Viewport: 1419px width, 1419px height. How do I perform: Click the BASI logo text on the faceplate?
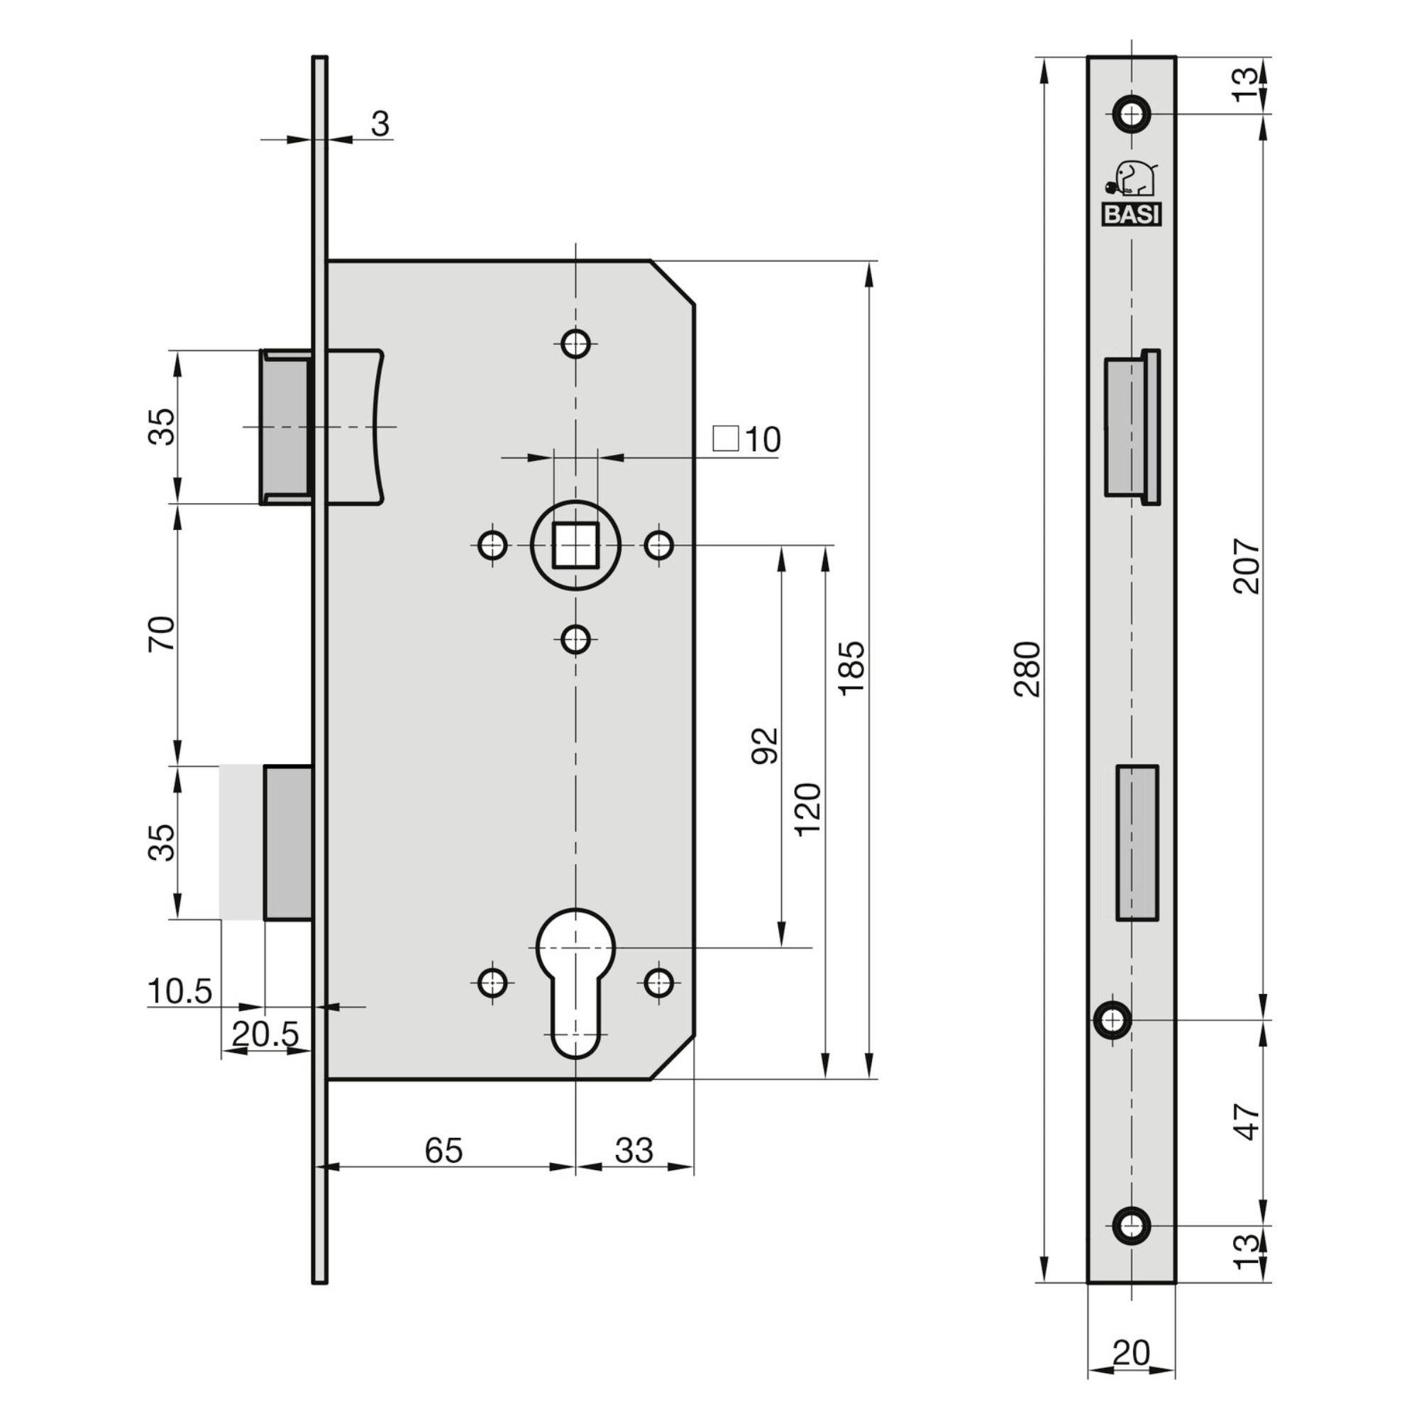tap(1130, 215)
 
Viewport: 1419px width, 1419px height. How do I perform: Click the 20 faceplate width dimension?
tap(1132, 1352)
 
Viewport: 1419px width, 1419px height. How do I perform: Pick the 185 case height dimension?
tap(852, 668)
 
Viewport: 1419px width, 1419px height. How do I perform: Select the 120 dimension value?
tap(808, 810)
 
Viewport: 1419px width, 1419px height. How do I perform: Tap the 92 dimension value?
tap(766, 746)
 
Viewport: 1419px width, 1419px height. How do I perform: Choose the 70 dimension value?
tap(163, 633)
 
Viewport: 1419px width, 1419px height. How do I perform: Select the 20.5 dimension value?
tap(266, 1035)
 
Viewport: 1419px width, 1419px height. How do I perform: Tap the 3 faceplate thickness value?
tap(380, 124)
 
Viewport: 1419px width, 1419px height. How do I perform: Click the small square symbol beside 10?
tap(727, 438)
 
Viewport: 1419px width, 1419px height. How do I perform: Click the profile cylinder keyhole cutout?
tap(576, 983)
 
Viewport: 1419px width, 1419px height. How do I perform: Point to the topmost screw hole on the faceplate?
tap(1131, 114)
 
